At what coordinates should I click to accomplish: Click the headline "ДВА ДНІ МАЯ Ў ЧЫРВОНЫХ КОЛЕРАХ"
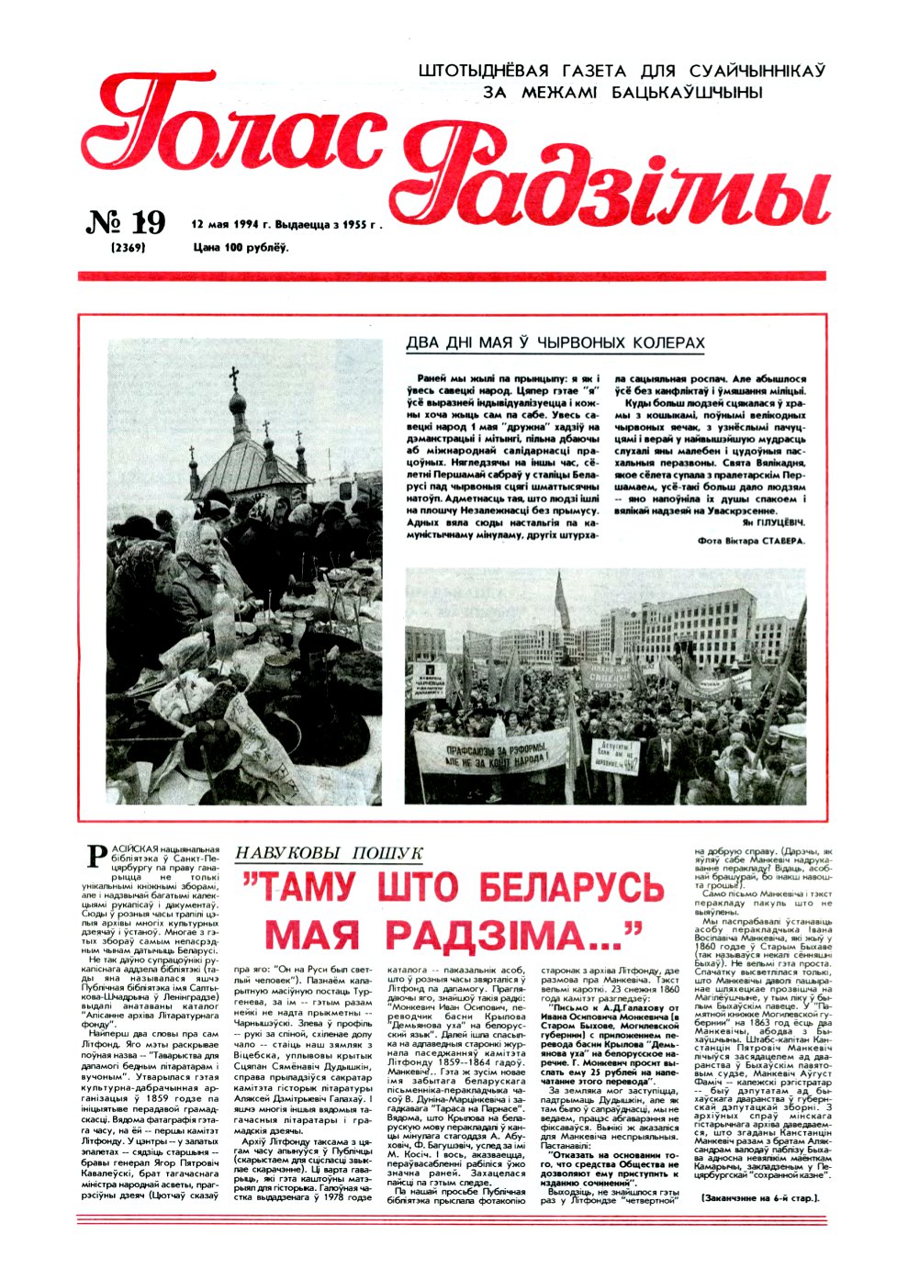(x=555, y=343)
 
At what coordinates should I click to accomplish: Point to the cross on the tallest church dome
(x=234, y=377)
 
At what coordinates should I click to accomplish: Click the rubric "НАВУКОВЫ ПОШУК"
(x=328, y=853)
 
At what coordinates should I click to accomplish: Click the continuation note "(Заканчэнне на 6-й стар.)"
(x=758, y=1198)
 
